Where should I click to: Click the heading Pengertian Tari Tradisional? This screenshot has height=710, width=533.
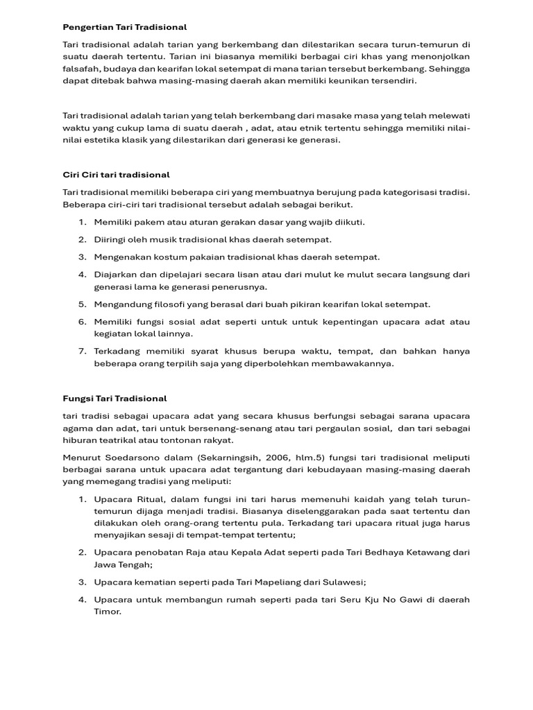[125, 27]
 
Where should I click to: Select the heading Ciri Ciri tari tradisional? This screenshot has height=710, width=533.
[116, 175]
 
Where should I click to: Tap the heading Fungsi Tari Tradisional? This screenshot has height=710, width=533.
[115, 399]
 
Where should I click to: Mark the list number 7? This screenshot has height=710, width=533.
[81, 352]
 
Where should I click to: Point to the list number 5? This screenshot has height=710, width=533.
[81, 304]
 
